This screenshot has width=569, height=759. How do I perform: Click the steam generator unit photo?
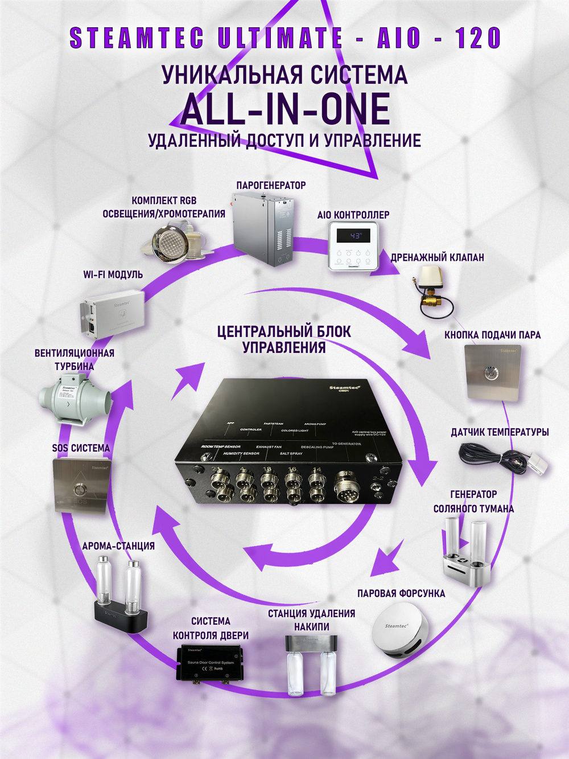pyautogui.click(x=263, y=229)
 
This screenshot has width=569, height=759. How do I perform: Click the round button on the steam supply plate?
pyautogui.click(x=489, y=374)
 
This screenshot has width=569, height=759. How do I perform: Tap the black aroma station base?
pyautogui.click(x=121, y=617)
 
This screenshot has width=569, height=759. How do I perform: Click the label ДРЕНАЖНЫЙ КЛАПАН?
pyautogui.click(x=437, y=257)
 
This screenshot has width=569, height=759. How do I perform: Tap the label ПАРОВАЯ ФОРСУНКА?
pyautogui.click(x=401, y=593)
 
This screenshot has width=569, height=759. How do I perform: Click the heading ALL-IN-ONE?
pyautogui.click(x=285, y=109)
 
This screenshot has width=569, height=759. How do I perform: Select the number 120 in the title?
pyautogui.click(x=478, y=38)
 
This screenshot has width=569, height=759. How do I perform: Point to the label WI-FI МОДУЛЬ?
pyautogui.click(x=113, y=274)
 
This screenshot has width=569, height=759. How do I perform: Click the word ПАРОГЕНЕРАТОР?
pyautogui.click(x=271, y=185)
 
